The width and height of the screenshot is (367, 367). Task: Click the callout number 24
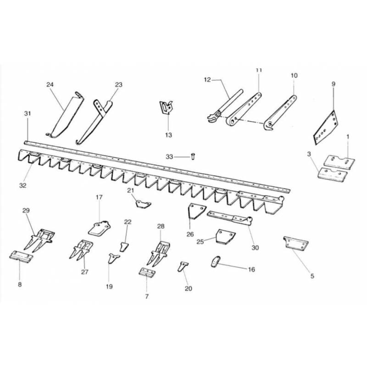coord(50,84)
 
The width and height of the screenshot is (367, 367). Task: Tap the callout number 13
coord(168,135)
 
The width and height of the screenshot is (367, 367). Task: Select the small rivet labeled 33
coord(193,156)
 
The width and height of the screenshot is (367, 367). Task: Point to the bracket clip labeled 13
coord(166,107)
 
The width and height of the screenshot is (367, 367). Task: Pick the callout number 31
coord(28,113)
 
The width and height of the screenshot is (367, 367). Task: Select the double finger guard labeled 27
coord(81,250)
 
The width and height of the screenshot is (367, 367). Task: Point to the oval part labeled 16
coord(216,261)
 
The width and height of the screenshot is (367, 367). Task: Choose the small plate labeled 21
coord(143,204)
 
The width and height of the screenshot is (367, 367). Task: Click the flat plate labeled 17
coord(99,228)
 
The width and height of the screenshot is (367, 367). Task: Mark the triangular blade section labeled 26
coord(196,211)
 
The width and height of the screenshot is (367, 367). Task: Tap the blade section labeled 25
coord(225,237)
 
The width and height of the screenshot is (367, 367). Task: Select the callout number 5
coord(312,276)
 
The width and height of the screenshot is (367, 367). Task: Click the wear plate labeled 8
coord(21,256)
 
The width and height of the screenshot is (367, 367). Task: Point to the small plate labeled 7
coord(147,272)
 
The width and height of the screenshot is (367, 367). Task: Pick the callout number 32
coord(22,186)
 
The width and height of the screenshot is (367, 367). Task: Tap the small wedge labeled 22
coord(124,247)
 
